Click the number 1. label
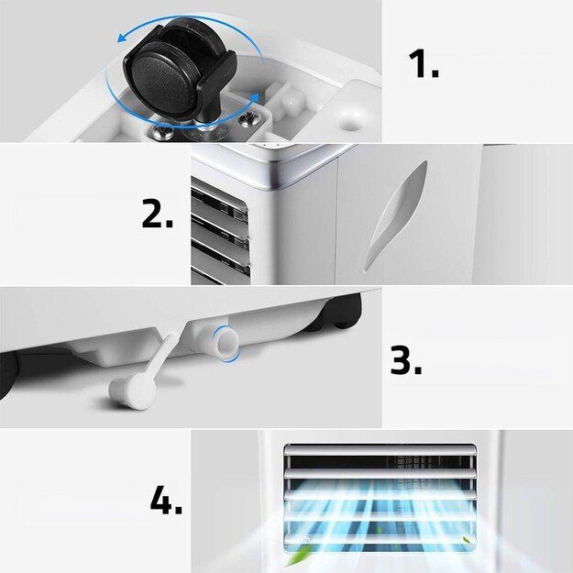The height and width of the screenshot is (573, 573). click(x=423, y=65)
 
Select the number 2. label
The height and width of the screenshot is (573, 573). click(x=157, y=215)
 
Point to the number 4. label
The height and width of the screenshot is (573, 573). click(x=166, y=501)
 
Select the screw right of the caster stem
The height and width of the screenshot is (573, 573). click(x=245, y=118)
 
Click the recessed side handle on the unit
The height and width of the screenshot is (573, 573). click(x=396, y=216)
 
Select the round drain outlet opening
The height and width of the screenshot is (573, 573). click(x=225, y=341)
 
